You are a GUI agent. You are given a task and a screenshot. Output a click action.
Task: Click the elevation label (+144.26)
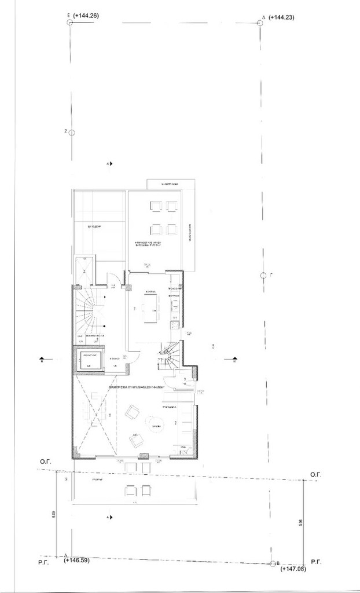pyautogui.click(x=86, y=16)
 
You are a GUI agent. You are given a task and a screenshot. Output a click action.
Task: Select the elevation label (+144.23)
pyautogui.click(x=282, y=17)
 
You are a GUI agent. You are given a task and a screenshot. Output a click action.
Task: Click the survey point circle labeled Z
pyautogui.click(x=72, y=133)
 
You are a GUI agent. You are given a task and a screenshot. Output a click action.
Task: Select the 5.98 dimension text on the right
pyautogui.click(x=300, y=523)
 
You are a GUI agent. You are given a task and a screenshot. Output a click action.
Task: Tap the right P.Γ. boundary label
pyautogui.click(x=316, y=562)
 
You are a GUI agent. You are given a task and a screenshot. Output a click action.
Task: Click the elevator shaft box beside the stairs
pyautogui.click(x=90, y=360)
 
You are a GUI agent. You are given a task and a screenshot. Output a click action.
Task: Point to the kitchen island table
pyautogui.click(x=151, y=308)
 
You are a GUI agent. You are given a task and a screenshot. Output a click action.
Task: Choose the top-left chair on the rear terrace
pyautogui.click(x=156, y=206)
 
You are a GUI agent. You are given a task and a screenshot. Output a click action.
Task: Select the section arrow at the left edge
pyautogui.click(x=42, y=359)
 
